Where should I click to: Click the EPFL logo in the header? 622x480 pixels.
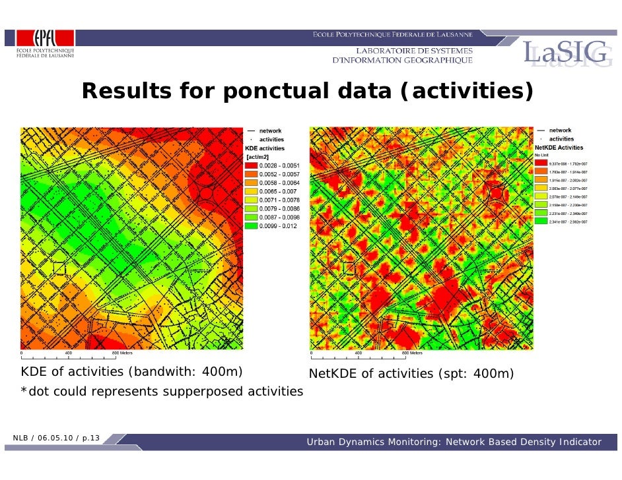[44, 45]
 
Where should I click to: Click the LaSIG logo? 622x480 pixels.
[565, 53]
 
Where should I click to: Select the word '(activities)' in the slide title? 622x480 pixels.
[466, 92]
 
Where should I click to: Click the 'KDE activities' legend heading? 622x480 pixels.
[265, 148]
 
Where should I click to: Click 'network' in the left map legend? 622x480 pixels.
[271, 131]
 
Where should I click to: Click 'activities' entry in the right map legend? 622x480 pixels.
[561, 139]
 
